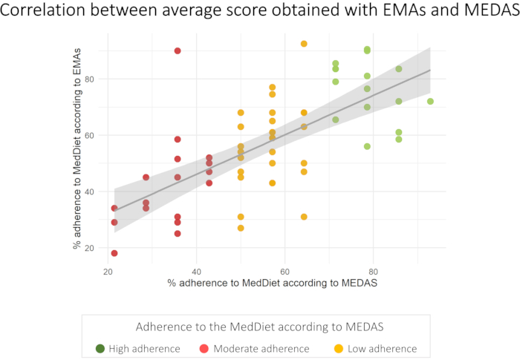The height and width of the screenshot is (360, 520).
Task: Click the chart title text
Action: (x=260, y=13)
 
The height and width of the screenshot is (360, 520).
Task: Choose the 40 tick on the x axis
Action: (x=196, y=271)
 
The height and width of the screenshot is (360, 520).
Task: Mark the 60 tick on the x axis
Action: (x=285, y=271)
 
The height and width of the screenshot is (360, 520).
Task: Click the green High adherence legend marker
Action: (x=100, y=348)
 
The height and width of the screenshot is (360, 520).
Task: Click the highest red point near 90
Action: (x=178, y=51)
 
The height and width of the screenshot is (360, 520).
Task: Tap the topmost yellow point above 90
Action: (x=304, y=44)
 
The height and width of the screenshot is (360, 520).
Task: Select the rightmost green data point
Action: (x=430, y=102)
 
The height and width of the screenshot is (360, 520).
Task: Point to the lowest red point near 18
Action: (x=114, y=253)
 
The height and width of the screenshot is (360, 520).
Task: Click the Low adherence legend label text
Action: (x=374, y=348)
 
